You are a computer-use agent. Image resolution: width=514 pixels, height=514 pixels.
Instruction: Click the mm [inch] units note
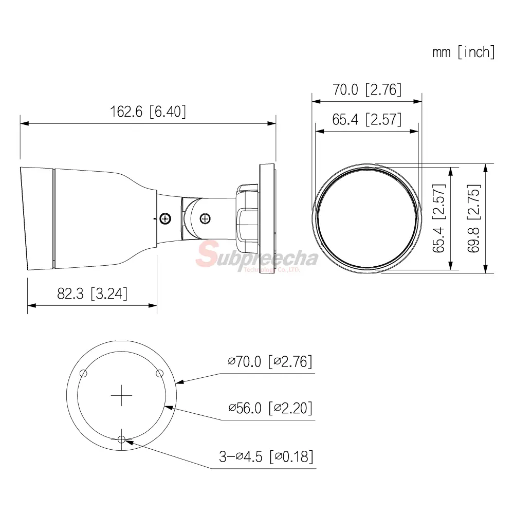pos(464,52)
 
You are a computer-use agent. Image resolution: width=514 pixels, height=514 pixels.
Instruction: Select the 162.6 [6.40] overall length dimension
pos(148,112)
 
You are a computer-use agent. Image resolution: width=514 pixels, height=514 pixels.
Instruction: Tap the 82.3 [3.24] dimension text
pos(92,293)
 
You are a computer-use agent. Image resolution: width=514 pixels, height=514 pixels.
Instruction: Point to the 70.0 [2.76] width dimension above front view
pos(367,89)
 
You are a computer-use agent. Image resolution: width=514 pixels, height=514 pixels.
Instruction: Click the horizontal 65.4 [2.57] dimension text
pos(367,119)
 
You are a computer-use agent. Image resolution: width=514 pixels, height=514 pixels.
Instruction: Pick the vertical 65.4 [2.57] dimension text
pos(439,218)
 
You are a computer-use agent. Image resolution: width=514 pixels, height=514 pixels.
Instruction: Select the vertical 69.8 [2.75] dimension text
pos(474,218)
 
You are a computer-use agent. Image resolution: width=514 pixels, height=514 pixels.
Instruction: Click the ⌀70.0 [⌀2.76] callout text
pos(270,361)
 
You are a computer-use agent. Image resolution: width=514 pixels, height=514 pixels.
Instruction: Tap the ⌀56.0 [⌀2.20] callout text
pos(270,408)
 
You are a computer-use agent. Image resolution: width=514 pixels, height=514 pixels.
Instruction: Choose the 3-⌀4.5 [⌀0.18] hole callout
pos(266,456)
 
